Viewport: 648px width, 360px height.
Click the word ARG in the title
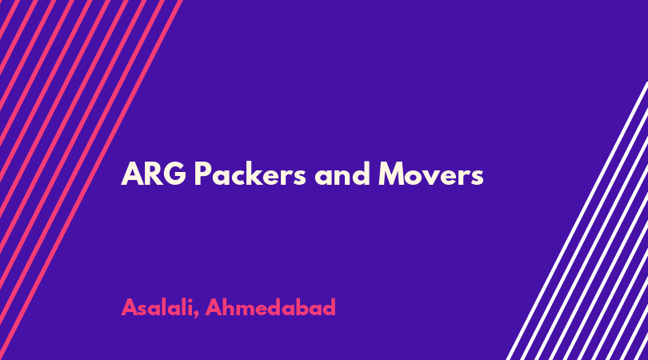154,174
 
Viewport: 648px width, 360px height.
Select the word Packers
250,173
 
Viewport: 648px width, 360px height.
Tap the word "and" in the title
342,173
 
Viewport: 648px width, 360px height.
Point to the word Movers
430,174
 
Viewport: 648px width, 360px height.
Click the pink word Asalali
158,307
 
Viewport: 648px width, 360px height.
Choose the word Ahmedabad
270,307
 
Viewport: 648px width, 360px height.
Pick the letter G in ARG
175,174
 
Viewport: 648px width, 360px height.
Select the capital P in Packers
202,174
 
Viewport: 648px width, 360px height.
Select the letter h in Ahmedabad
231,306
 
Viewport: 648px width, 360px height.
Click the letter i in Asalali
190,306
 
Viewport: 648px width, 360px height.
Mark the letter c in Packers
242,177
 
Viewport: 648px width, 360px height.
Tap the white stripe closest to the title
577,221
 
